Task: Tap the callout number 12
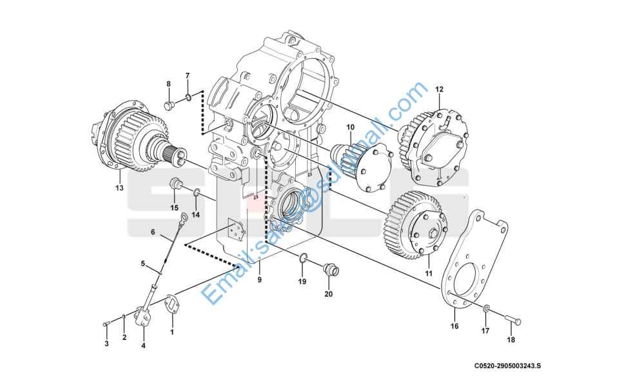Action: click(x=439, y=89)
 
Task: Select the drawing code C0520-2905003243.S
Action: click(x=508, y=366)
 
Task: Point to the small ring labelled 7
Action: click(x=188, y=98)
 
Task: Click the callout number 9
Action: click(x=259, y=280)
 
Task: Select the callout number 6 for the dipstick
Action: click(x=153, y=232)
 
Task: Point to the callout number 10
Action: click(x=351, y=126)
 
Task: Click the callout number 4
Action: click(x=143, y=346)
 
